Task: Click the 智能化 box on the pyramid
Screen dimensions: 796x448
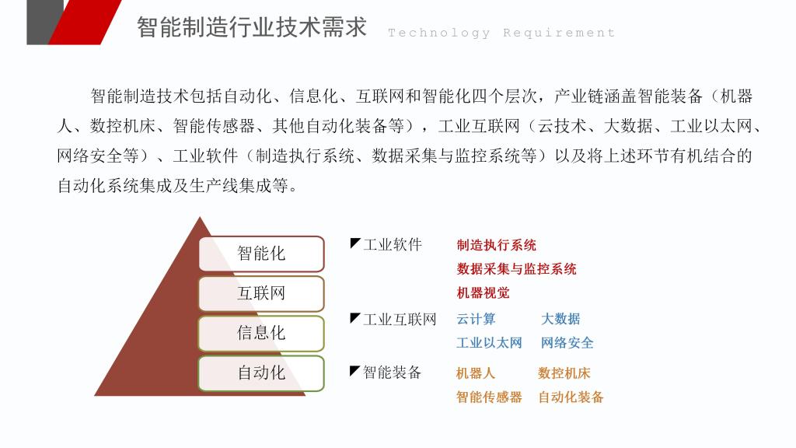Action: click(261, 254)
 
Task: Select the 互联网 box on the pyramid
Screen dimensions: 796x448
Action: click(261, 293)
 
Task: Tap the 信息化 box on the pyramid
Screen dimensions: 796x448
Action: click(261, 333)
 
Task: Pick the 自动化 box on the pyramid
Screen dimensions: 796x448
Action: click(261, 373)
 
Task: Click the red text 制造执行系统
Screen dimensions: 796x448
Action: click(497, 245)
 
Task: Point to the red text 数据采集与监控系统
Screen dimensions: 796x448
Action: click(516, 269)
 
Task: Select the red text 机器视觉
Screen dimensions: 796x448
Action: click(483, 293)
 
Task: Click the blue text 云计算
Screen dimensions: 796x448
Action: click(476, 319)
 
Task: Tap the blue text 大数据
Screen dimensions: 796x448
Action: click(560, 319)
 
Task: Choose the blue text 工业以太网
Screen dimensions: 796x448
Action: click(490, 343)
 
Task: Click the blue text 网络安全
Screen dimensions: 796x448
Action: click(567, 343)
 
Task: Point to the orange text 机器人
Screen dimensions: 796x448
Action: click(475, 373)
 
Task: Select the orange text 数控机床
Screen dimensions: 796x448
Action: click(564, 373)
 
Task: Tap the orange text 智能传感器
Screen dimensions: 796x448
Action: click(489, 397)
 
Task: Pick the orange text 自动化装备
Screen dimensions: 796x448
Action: click(571, 397)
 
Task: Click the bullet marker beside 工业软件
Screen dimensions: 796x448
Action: click(354, 243)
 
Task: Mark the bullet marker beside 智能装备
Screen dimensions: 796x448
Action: click(354, 370)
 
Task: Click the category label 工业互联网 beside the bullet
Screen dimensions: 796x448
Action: click(400, 320)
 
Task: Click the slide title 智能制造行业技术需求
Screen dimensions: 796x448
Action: click(252, 27)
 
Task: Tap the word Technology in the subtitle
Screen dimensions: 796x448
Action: click(439, 33)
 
